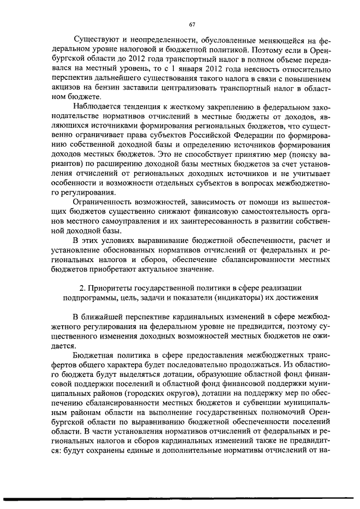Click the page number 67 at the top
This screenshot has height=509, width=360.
(x=191, y=24)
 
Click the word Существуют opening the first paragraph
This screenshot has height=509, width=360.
(x=97, y=41)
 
